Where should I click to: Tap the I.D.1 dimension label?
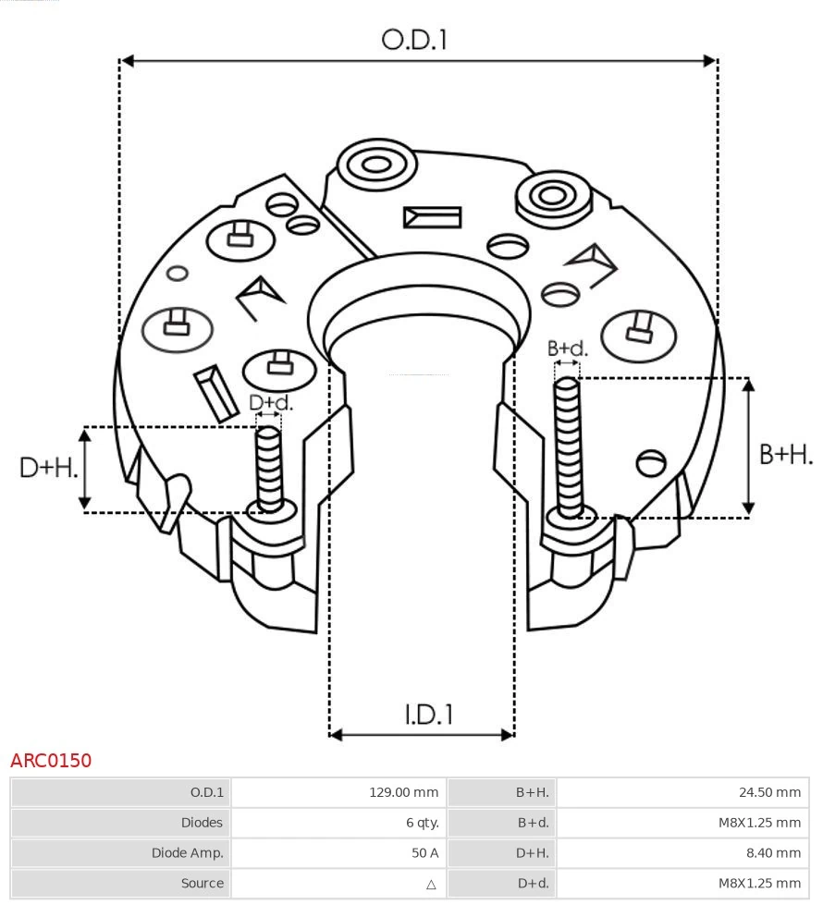click(x=427, y=714)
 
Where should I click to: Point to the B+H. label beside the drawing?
click(x=785, y=454)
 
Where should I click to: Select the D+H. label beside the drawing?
click(x=49, y=468)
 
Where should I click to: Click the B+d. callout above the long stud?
click(x=567, y=349)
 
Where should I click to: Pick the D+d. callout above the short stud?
click(x=271, y=403)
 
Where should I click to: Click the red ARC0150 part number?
click(x=51, y=761)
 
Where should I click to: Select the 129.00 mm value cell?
click(x=404, y=792)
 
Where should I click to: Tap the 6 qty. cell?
click(x=422, y=823)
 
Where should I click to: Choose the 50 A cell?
click(x=425, y=853)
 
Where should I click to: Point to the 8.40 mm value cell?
click(x=774, y=853)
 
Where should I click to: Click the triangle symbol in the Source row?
click(x=430, y=884)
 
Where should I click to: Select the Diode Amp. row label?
click(x=188, y=853)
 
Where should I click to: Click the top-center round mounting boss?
click(x=375, y=166)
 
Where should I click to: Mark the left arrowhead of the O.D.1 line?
click(x=128, y=61)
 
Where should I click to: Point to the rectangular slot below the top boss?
click(x=432, y=217)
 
